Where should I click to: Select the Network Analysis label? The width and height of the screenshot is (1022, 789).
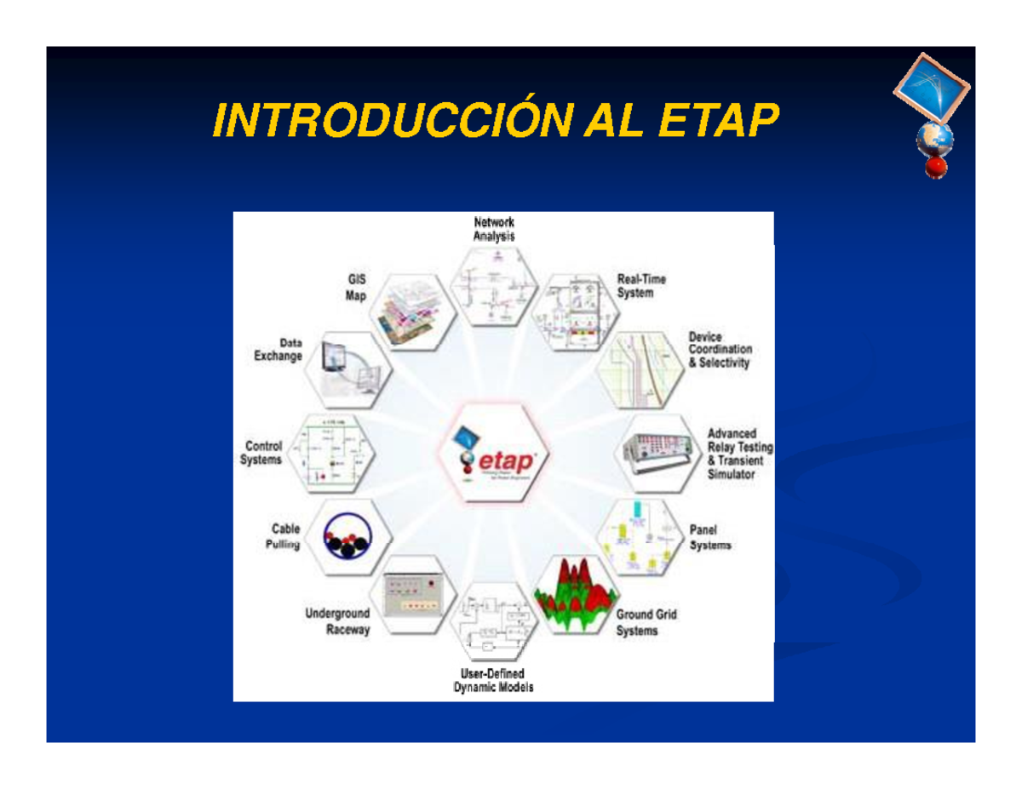coord(494,230)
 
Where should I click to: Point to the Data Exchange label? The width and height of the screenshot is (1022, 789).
coord(278,350)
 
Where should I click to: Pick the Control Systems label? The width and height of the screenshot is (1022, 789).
coord(263,452)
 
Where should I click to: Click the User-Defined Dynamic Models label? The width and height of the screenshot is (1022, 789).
coord(494,681)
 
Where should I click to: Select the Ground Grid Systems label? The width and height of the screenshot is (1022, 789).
coord(646,622)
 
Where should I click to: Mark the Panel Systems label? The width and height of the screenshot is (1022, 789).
coord(709,537)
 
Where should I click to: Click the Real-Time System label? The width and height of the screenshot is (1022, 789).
coord(641,286)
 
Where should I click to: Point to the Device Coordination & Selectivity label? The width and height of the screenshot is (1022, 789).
coord(720,350)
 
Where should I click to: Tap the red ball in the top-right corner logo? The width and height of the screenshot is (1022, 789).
coord(937,166)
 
